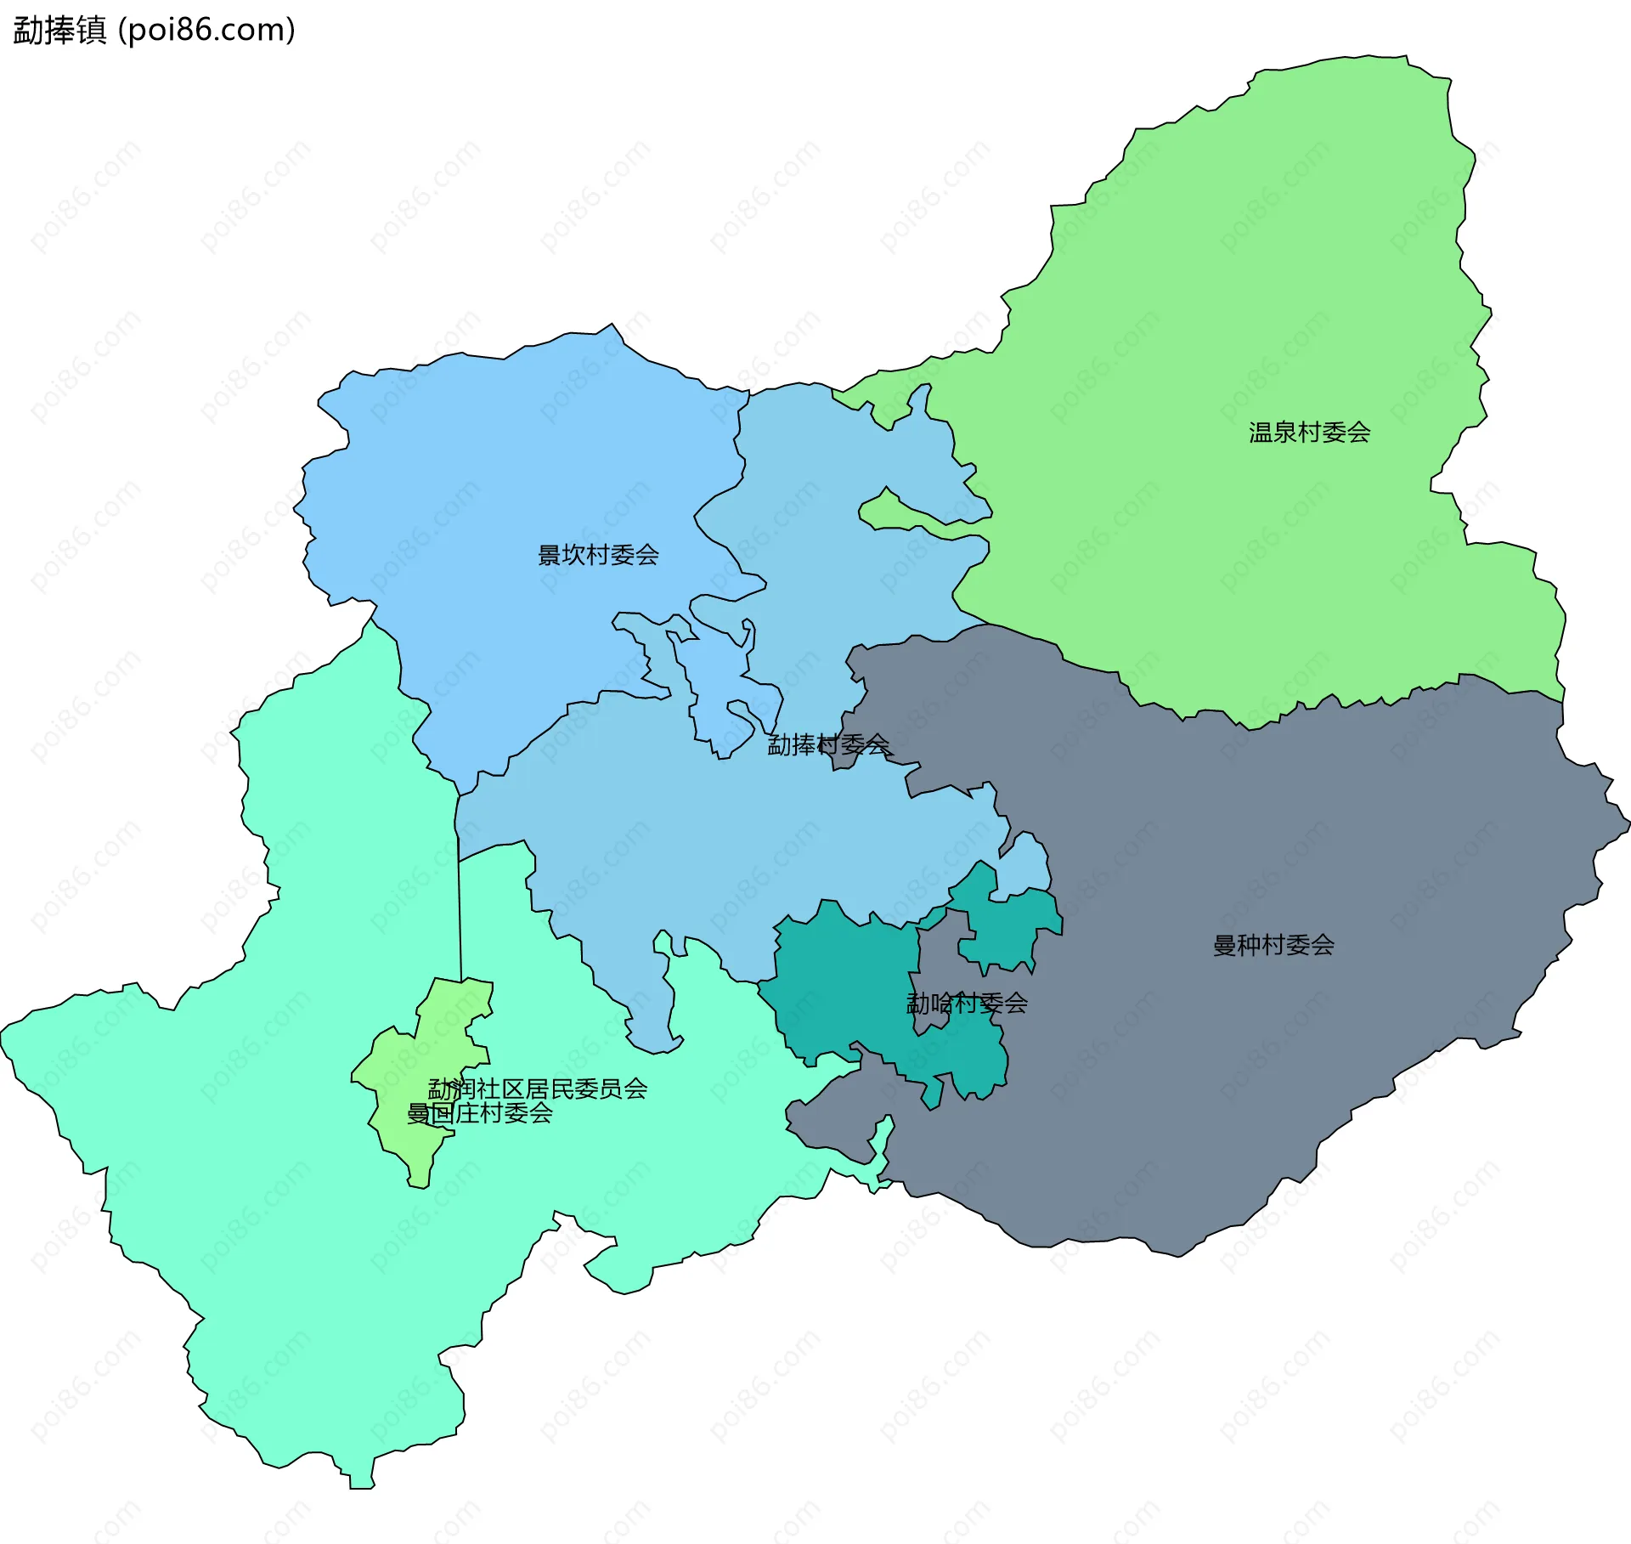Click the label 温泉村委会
click(1309, 433)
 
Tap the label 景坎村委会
click(598, 555)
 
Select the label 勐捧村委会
click(828, 745)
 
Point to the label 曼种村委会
click(1273, 945)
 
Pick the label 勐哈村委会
click(967, 1004)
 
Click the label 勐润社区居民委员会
click(538, 1089)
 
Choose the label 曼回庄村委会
click(480, 1113)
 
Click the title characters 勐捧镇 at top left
click(59, 31)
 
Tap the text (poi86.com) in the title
click(206, 31)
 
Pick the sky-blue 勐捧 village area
click(722, 850)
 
